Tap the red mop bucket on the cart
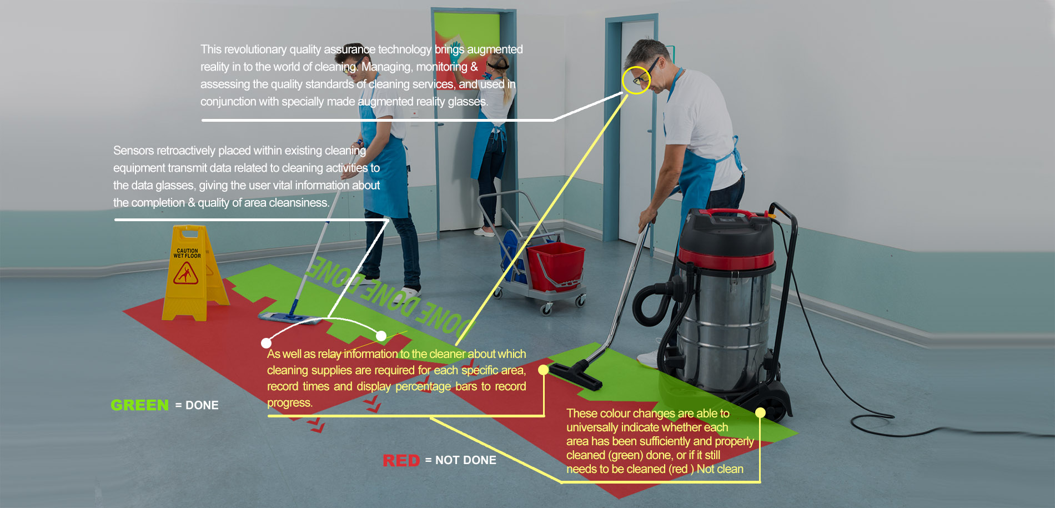click(555, 266)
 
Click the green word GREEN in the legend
click(139, 405)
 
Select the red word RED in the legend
click(401, 460)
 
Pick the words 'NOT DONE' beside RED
click(466, 460)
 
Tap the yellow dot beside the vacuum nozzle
click(544, 370)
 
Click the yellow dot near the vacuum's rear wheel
click(760, 412)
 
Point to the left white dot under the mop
click(267, 343)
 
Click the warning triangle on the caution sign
click(186, 273)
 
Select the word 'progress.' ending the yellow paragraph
click(290, 402)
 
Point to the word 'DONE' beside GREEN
click(202, 405)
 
